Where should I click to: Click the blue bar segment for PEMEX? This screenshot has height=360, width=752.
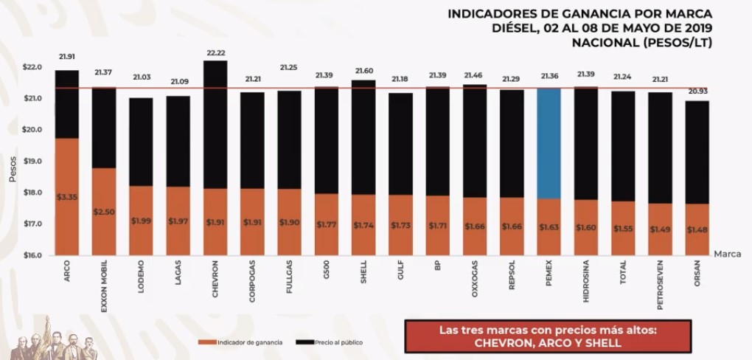pyautogui.click(x=549, y=143)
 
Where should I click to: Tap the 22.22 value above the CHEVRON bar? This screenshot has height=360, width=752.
pyautogui.click(x=215, y=53)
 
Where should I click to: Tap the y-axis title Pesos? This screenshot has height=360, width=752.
pyautogui.click(x=13, y=169)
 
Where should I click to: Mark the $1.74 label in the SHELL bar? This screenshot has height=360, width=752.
pyautogui.click(x=363, y=225)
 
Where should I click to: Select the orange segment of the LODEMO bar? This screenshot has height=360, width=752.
pyautogui.click(x=141, y=220)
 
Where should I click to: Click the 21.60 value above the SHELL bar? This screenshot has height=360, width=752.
pyautogui.click(x=363, y=71)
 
